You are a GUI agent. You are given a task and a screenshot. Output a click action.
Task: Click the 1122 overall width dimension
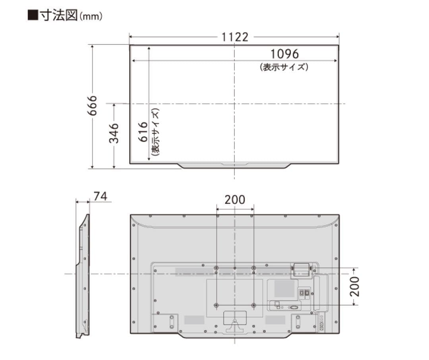(x=235, y=37)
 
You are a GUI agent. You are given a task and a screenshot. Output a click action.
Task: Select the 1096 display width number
(x=284, y=54)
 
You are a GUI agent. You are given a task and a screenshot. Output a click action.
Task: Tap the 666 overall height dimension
(x=92, y=106)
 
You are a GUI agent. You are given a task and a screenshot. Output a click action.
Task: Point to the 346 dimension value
(x=114, y=133)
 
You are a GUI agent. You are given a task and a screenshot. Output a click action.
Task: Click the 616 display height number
(x=143, y=132)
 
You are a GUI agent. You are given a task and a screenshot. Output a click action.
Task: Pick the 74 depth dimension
(x=100, y=196)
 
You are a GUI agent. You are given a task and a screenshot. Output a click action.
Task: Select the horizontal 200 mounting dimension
(x=235, y=199)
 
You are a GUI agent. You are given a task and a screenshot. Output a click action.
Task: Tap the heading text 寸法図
(x=58, y=16)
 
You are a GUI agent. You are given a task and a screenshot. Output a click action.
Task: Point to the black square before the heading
(x=33, y=16)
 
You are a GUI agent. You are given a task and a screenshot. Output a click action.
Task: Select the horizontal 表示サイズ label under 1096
(x=284, y=67)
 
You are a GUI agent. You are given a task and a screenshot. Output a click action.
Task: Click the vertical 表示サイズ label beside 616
(x=155, y=132)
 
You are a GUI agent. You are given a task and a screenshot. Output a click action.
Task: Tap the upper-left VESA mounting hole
(x=216, y=268)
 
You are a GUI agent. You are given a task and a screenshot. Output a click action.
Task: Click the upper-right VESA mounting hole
(x=253, y=268)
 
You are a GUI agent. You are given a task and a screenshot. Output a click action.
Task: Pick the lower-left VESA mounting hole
(x=216, y=305)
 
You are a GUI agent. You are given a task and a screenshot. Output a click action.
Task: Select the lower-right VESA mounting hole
(x=253, y=305)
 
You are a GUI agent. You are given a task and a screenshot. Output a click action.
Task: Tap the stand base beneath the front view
(x=235, y=165)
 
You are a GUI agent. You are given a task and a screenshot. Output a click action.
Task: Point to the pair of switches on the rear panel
(x=304, y=292)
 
